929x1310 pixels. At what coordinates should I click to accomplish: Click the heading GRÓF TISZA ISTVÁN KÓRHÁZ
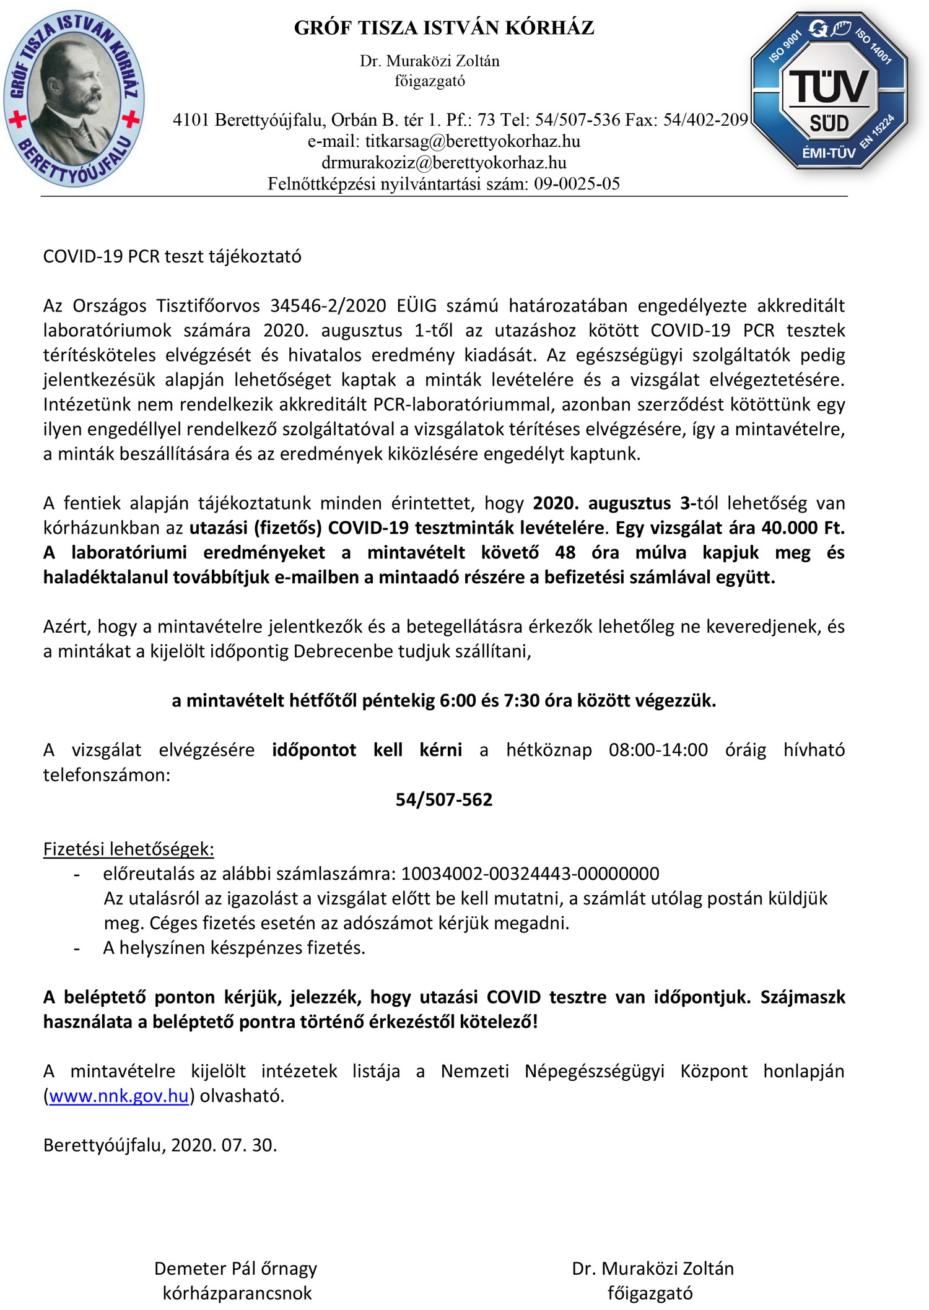pos(443,28)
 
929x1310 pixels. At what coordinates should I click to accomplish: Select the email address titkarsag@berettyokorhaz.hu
pos(472,142)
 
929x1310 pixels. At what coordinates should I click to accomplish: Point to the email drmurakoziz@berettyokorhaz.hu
pos(443,163)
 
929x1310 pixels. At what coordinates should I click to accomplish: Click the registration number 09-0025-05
pos(577,184)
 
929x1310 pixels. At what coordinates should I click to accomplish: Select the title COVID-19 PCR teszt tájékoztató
pos(172,256)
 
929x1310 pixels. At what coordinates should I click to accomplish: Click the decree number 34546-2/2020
pos(328,306)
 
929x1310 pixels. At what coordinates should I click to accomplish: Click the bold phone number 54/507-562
pos(443,799)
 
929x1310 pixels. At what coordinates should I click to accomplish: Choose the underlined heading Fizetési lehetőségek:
pos(128,849)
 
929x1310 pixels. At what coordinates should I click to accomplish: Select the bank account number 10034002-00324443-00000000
pos(530,874)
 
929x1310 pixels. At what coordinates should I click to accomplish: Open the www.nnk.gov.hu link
pos(118,1096)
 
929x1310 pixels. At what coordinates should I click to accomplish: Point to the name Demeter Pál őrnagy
pos(235,1269)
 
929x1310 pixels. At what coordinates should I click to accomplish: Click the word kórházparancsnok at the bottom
pos(237,1293)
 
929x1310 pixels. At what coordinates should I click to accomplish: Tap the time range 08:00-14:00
pos(658,750)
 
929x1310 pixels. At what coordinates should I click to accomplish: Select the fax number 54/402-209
pos(705,120)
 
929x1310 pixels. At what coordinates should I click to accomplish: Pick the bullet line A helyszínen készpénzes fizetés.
pos(234,948)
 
